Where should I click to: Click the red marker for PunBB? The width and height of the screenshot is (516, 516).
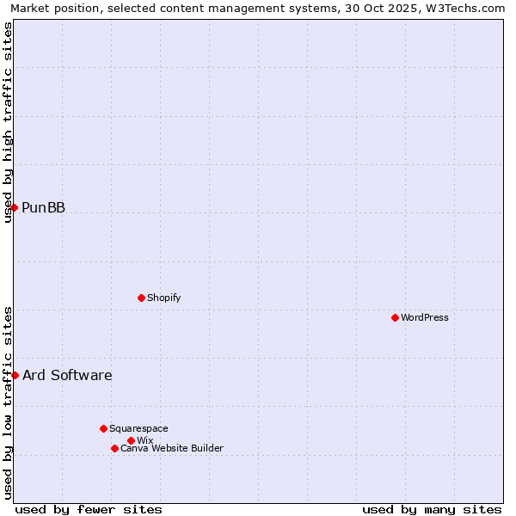14,207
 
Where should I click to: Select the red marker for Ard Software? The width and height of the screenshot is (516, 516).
15,375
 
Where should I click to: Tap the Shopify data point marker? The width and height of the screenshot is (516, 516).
141,298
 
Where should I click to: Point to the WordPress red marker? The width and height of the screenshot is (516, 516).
395,317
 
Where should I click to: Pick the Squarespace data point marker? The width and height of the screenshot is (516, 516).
103,428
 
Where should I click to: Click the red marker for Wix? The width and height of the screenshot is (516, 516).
131,440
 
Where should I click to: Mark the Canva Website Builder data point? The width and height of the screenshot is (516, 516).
114,448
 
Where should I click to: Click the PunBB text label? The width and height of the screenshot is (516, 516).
43,207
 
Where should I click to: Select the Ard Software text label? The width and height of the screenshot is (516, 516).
67,375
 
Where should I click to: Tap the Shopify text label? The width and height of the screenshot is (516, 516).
163,298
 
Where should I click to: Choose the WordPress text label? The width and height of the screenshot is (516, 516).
425,317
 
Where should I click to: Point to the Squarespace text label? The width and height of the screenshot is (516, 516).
138,428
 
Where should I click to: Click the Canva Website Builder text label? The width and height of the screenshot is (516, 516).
172,448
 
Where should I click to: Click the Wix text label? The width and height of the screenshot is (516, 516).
144,440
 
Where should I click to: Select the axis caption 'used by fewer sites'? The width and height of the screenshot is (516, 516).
89,509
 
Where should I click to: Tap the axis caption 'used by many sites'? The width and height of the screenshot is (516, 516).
432,509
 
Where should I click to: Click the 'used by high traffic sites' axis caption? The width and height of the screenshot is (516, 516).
8,122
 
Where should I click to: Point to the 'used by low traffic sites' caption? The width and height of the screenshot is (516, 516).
8,402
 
